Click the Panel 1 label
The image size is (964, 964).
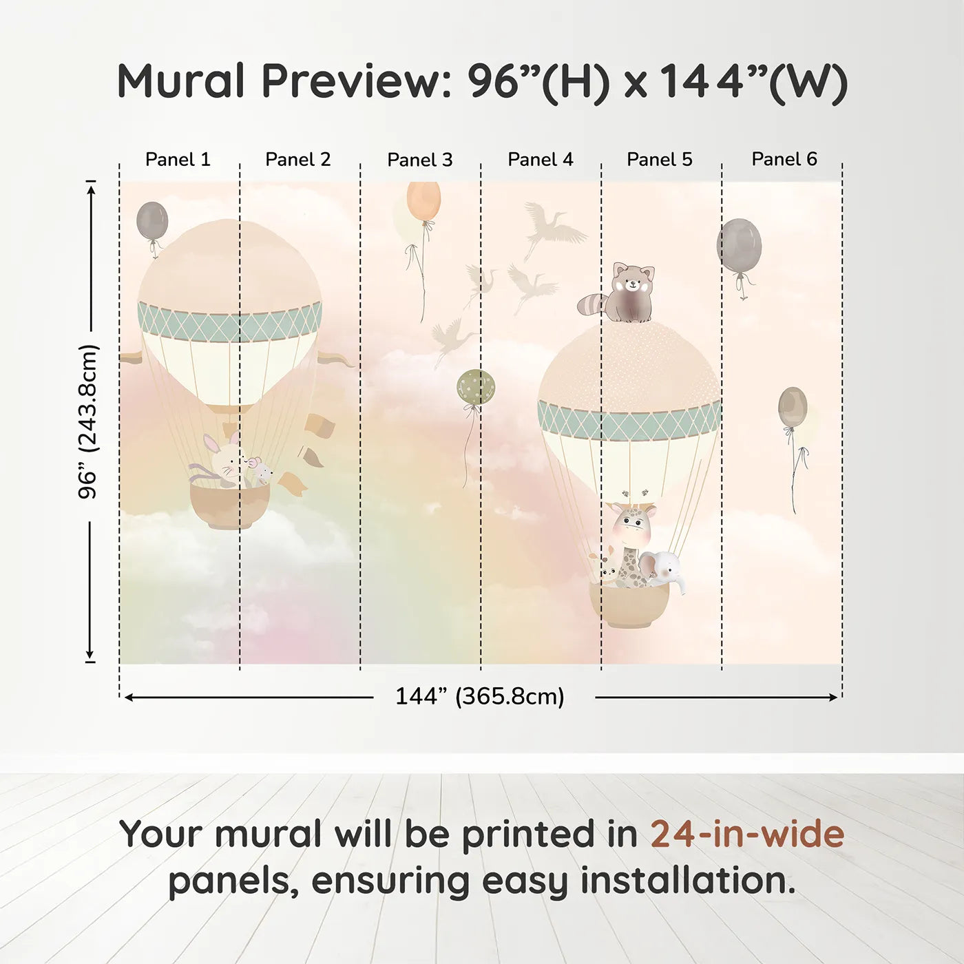coord(178,160)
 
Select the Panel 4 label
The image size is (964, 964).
coord(540,160)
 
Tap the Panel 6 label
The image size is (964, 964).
coord(784,160)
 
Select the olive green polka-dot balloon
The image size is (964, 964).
coord(476,387)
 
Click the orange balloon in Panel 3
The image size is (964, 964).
coord(423,200)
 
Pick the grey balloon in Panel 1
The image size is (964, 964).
coord(152,220)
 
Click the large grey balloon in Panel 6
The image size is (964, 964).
coord(740,246)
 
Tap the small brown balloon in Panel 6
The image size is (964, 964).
coord(793,407)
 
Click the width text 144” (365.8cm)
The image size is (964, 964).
coord(479,697)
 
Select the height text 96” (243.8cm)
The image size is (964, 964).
coord(88,421)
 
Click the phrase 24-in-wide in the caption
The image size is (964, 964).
coord(747,835)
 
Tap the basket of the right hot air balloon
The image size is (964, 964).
coord(629,605)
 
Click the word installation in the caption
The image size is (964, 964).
coord(687,881)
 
